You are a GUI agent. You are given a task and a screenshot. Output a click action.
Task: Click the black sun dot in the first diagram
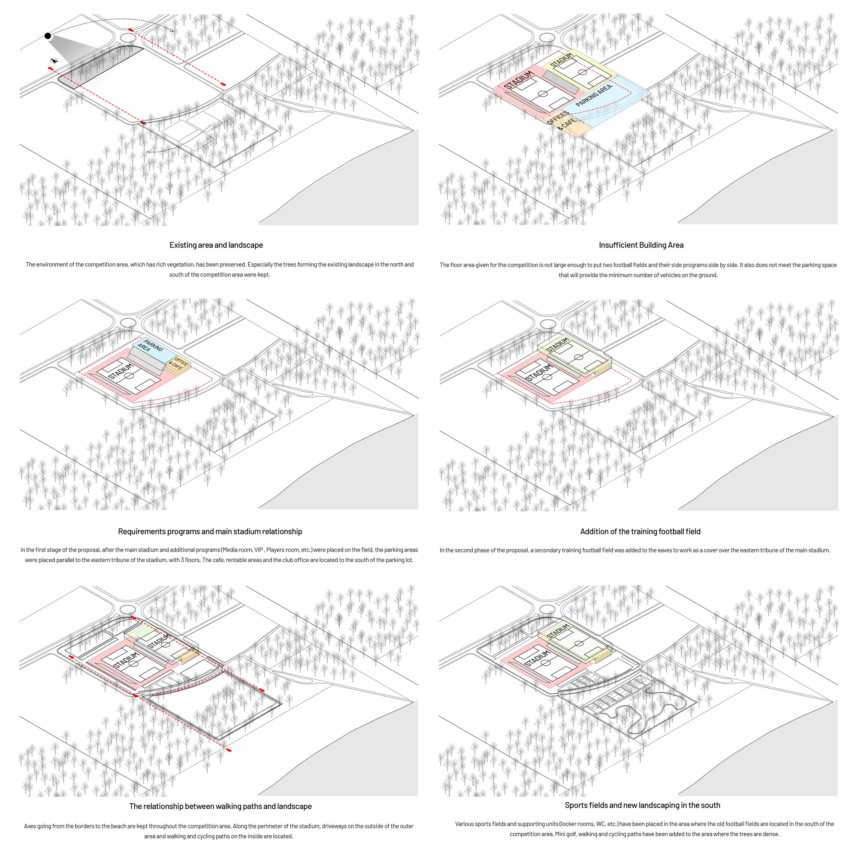[48, 36]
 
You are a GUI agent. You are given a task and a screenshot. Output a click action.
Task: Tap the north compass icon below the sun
[54, 61]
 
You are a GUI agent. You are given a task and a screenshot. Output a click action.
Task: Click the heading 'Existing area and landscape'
[216, 245]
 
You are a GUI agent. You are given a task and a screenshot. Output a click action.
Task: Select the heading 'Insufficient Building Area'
[641, 245]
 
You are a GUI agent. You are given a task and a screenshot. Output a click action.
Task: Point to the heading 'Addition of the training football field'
[640, 531]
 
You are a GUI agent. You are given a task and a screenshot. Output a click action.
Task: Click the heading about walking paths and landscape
[220, 806]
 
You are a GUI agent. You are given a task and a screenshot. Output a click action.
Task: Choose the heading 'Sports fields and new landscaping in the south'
[642, 805]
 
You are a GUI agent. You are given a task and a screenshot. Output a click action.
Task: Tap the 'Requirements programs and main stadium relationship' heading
[210, 531]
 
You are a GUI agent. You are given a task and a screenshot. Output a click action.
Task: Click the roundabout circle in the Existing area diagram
[128, 38]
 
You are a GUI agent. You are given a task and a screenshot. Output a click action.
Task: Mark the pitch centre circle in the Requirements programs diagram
[129, 376]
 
